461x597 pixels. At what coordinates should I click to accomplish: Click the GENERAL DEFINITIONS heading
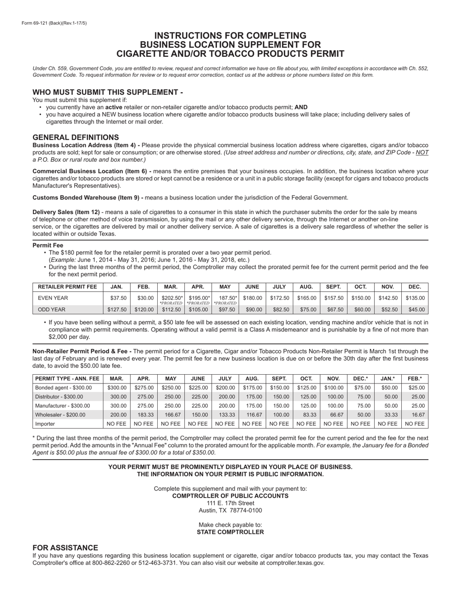[75, 137]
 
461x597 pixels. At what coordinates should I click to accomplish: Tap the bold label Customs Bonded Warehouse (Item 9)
[87, 198]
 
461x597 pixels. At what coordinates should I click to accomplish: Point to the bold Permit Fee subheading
[48, 245]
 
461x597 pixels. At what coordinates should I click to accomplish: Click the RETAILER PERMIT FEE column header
[67, 287]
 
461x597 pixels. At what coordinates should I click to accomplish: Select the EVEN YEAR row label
[53, 298]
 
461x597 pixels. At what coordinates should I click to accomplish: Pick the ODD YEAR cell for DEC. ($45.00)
[415, 310]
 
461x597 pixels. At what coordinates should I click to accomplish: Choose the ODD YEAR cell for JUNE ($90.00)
[253, 310]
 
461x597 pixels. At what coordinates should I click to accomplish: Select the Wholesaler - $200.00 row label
[60, 415]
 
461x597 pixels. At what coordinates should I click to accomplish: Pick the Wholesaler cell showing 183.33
[144, 415]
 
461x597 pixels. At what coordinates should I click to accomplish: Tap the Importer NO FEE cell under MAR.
[117, 424]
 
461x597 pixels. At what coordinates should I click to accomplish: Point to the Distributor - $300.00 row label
[59, 397]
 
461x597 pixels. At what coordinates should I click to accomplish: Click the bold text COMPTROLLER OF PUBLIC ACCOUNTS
[230, 496]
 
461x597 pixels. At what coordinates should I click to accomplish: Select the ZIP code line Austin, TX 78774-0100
[230, 510]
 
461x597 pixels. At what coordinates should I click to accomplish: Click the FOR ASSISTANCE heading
[65, 547]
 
